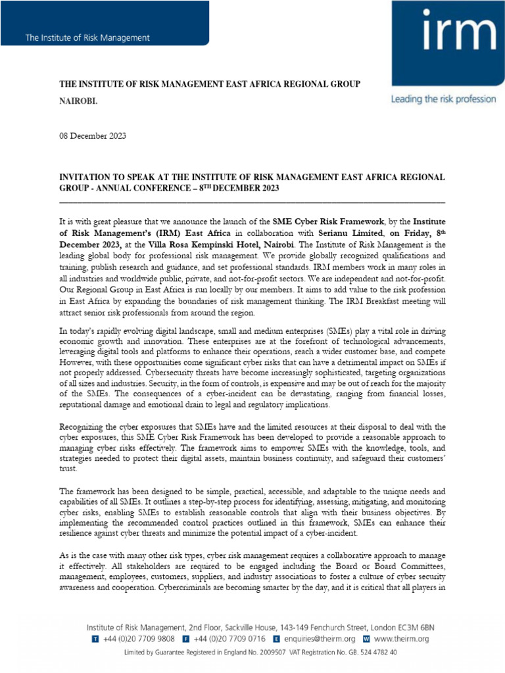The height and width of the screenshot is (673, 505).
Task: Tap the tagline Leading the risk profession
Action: [x=443, y=99]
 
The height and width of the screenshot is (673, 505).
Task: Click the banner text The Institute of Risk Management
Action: [x=87, y=38]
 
